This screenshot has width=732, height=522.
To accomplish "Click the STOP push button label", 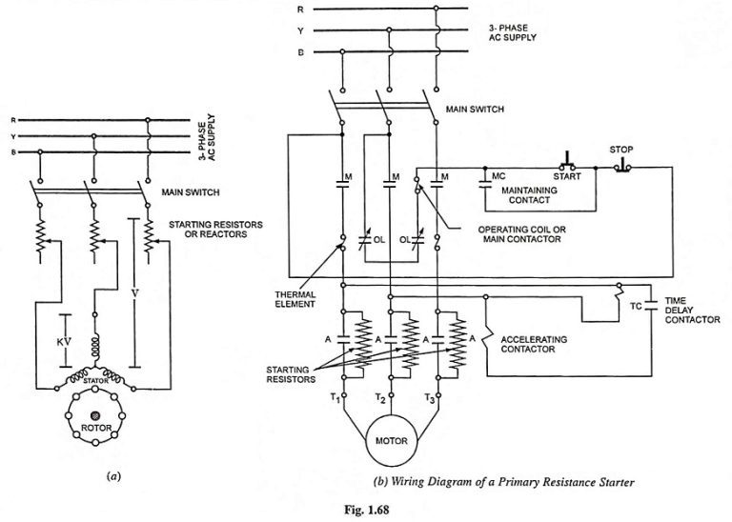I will click(620, 150).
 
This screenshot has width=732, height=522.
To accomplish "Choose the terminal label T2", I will click(382, 398).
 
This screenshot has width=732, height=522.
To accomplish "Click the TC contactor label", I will click(635, 307).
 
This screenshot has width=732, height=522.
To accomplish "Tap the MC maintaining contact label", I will click(498, 176).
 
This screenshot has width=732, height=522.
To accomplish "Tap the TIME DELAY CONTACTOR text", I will click(693, 311).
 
